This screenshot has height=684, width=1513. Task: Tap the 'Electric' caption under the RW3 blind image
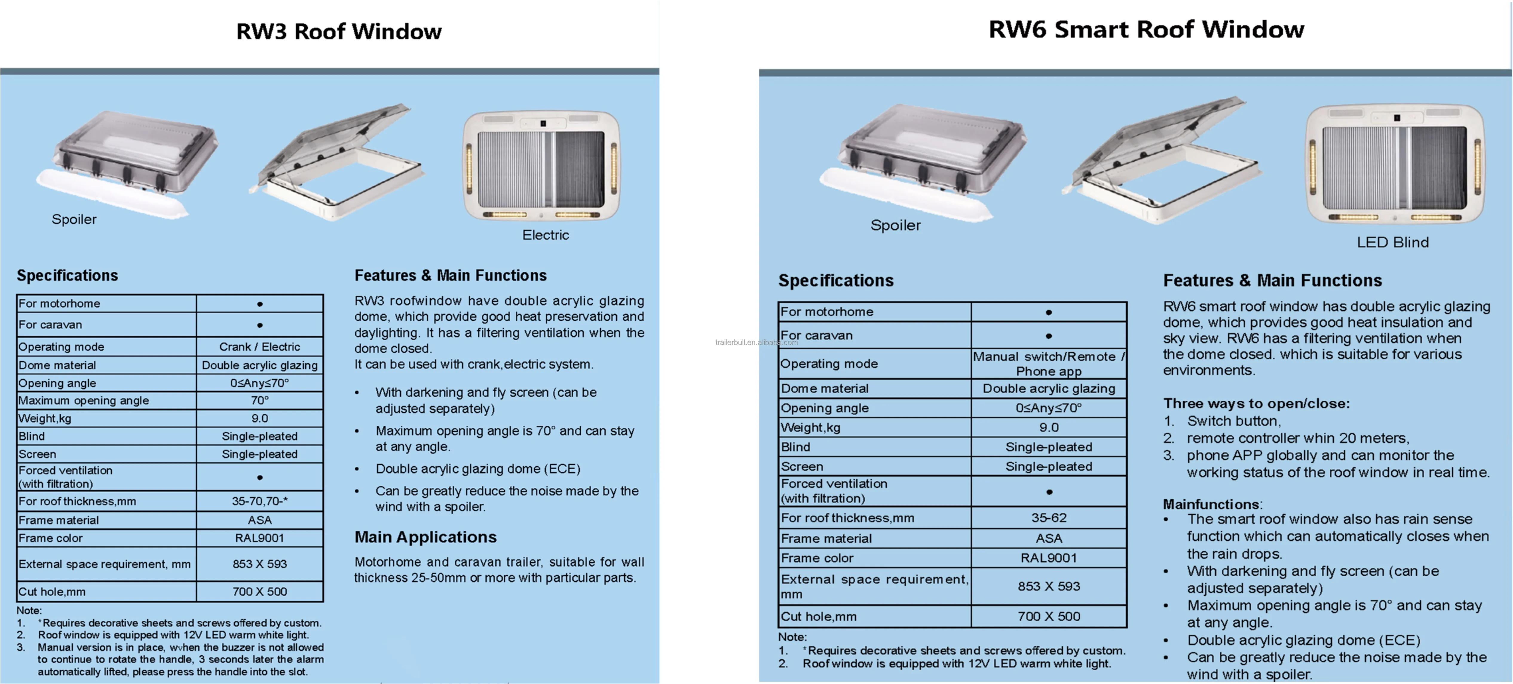pyautogui.click(x=546, y=235)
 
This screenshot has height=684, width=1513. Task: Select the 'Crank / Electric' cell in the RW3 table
pyautogui.click(x=260, y=346)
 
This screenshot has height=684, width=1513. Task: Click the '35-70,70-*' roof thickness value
pyautogui.click(x=260, y=501)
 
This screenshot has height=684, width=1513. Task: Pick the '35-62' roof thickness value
pyautogui.click(x=1049, y=518)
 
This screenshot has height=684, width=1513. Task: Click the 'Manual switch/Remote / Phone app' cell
pyautogui.click(x=1049, y=363)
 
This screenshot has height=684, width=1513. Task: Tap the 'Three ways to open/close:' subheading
pyautogui.click(x=1256, y=403)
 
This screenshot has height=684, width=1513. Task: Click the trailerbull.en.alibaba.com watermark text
pyautogui.click(x=756, y=342)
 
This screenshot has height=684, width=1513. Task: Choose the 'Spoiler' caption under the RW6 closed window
pyautogui.click(x=895, y=225)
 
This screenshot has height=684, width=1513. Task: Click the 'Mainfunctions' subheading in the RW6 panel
pyautogui.click(x=1211, y=504)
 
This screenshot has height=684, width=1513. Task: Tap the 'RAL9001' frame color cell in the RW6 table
pyautogui.click(x=1049, y=558)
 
